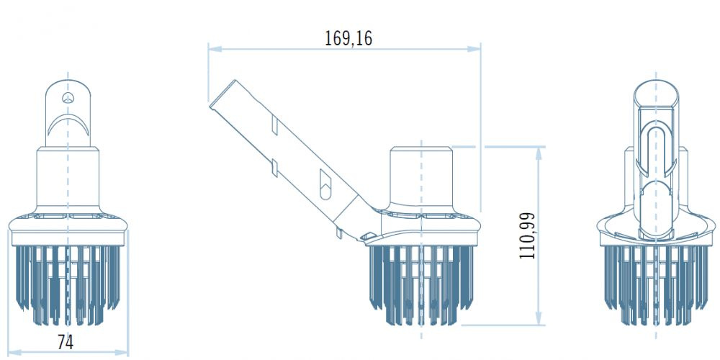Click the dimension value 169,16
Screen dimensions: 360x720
coord(348,37)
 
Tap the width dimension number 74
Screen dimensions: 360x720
coord(66,342)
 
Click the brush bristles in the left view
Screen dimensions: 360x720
coord(68,281)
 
